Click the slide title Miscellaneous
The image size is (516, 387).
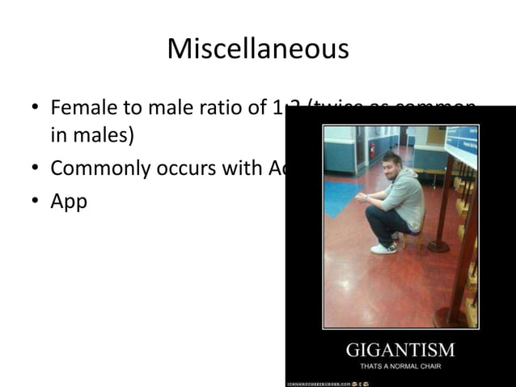tap(258, 49)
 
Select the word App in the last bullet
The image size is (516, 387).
tap(69, 201)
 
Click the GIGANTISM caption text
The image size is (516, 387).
tap(400, 351)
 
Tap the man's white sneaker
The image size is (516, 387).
tap(383, 248)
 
